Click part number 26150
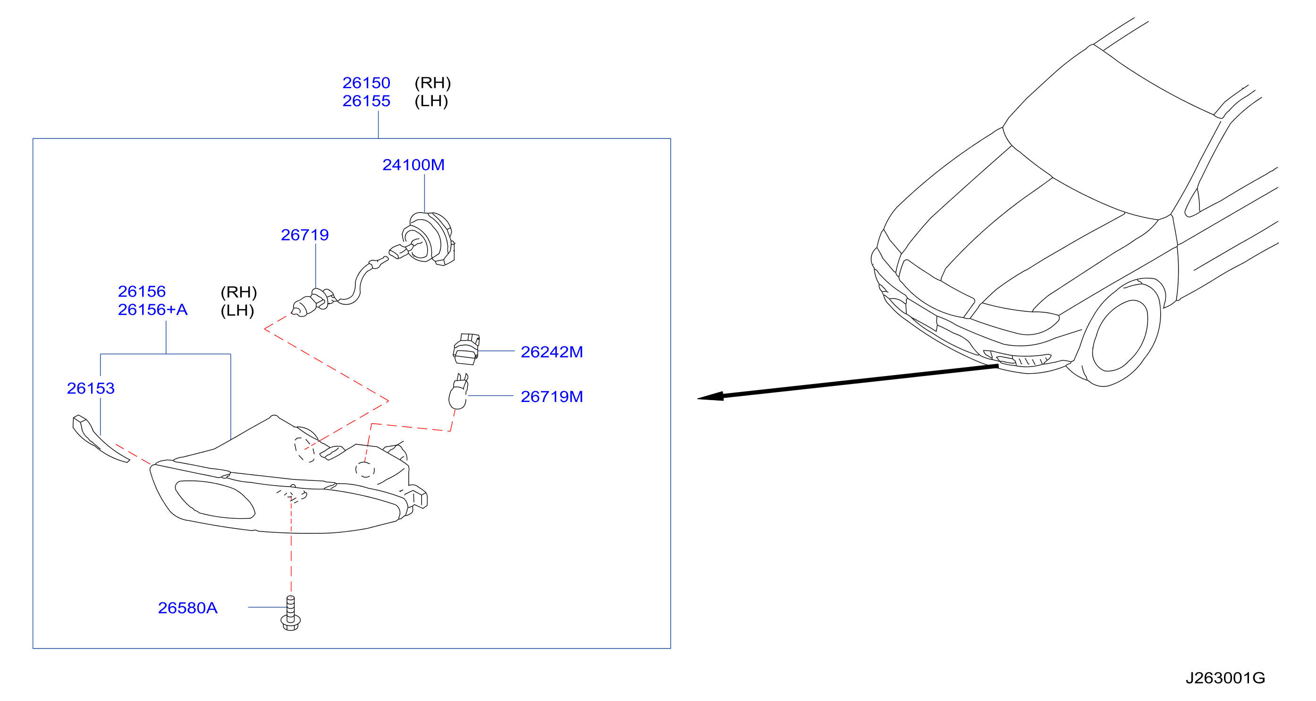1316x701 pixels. (366, 83)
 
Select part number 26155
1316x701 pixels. (366, 101)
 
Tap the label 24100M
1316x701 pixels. (413, 165)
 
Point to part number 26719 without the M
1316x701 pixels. (304, 235)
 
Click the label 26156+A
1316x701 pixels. (153, 309)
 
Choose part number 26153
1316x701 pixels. (91, 388)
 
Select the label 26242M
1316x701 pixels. (552, 352)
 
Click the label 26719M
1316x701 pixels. (552, 396)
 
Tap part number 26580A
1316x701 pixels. (187, 607)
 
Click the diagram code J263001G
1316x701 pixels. (1225, 677)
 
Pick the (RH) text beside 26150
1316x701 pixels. (433, 83)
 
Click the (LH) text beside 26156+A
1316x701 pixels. (237, 310)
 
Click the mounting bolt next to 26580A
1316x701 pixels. (291, 613)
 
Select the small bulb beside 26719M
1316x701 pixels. (458, 392)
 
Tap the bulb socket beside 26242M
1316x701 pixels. (466, 349)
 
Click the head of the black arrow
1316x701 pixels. (710, 396)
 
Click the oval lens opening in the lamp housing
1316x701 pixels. (215, 499)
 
